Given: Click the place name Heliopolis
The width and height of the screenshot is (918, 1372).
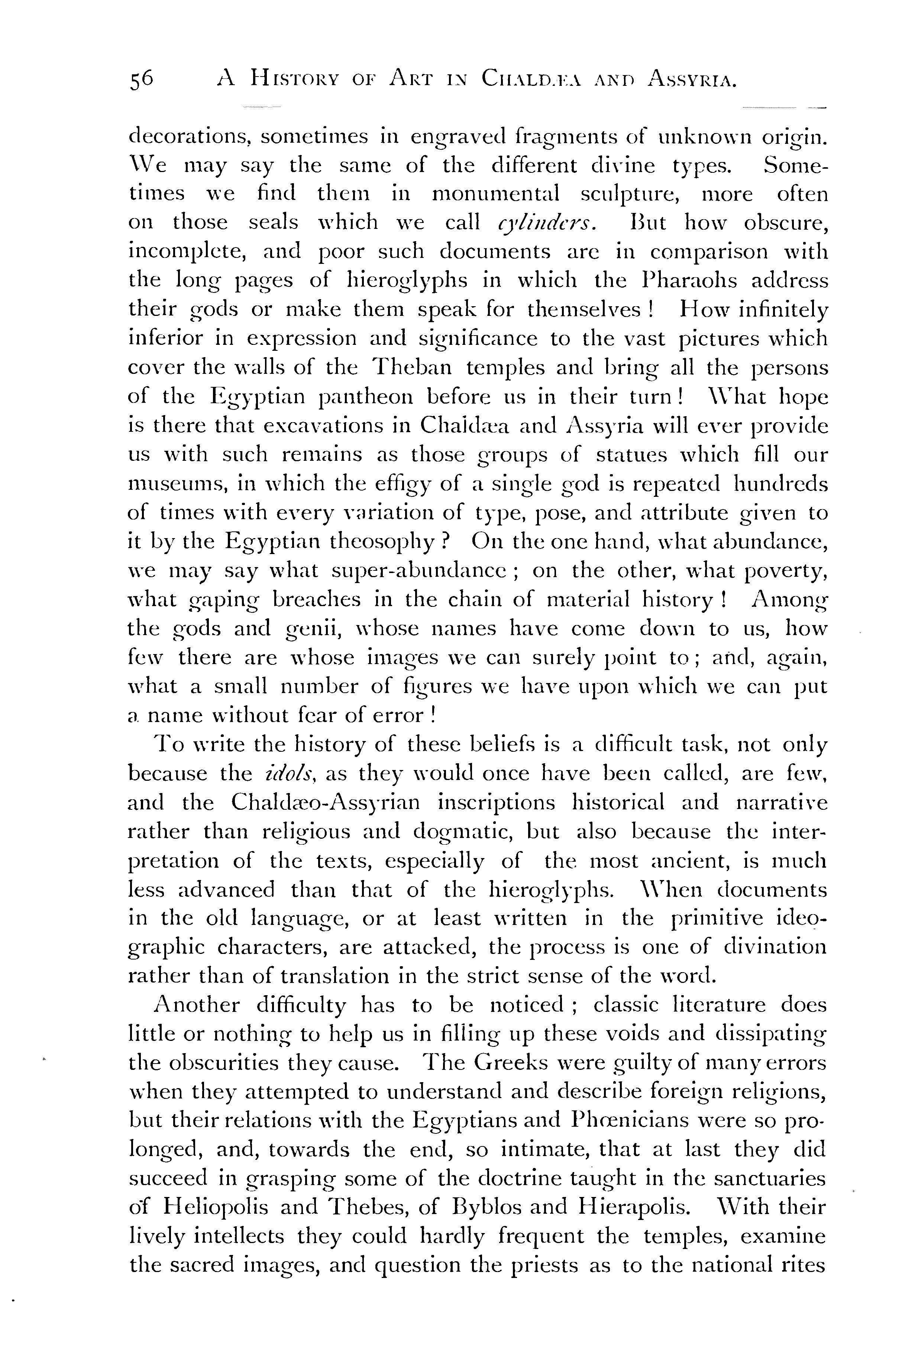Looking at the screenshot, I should coord(216,1207).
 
